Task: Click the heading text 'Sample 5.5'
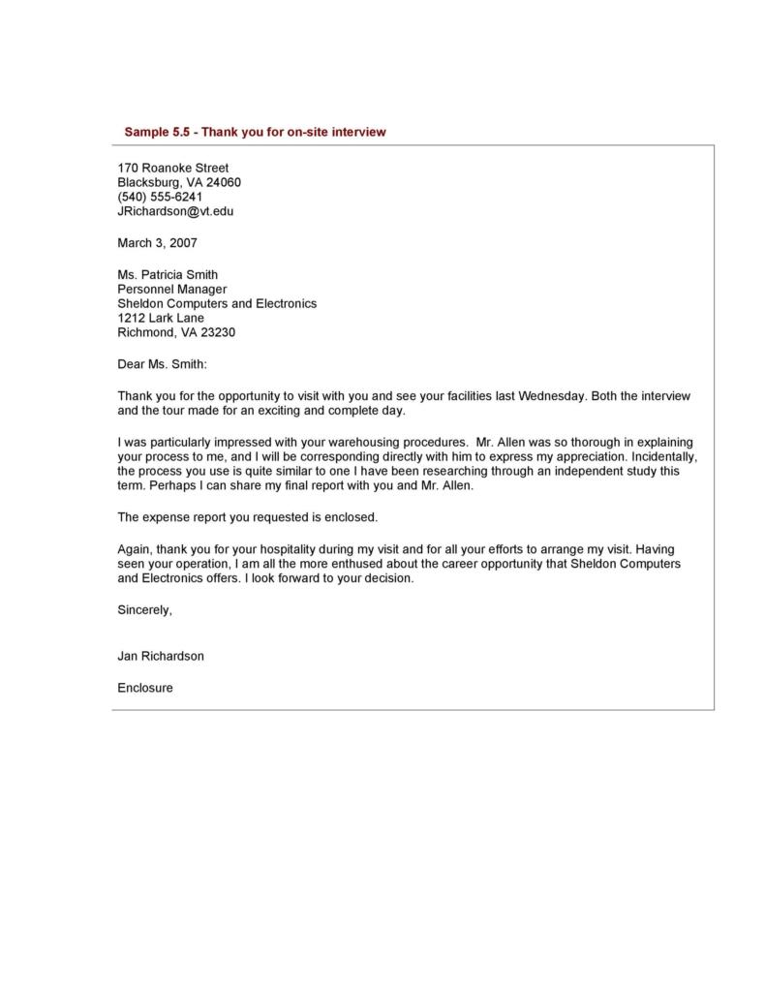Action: pyautogui.click(x=156, y=132)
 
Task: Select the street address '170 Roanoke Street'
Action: pyautogui.click(x=172, y=168)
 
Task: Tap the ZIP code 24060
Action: pyautogui.click(x=223, y=182)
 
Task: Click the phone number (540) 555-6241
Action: pyautogui.click(x=160, y=197)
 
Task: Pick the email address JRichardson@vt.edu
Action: pyautogui.click(x=175, y=210)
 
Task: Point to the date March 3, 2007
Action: pyautogui.click(x=157, y=243)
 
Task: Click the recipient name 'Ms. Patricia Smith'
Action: pyautogui.click(x=168, y=275)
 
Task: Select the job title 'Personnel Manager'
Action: pyautogui.click(x=171, y=289)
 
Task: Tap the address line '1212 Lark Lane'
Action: pyautogui.click(x=161, y=318)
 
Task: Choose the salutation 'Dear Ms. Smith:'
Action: pyautogui.click(x=162, y=365)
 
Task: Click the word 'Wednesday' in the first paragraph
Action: pyautogui.click(x=552, y=396)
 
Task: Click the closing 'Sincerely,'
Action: pyautogui.click(x=144, y=610)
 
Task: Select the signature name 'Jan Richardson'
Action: pyautogui.click(x=161, y=656)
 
